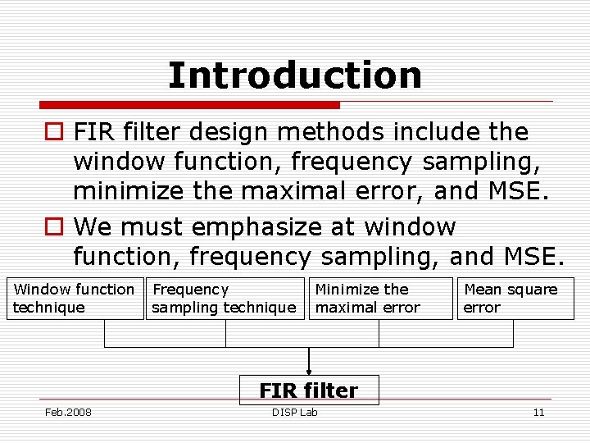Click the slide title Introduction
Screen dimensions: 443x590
295,75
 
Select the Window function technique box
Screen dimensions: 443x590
74,299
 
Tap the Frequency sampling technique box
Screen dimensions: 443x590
224,299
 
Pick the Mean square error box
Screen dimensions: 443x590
514,299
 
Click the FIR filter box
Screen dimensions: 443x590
308,390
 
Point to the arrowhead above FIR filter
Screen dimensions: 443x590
309,371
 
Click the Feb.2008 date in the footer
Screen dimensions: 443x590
68,412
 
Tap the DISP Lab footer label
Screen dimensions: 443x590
295,412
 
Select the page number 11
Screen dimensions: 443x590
538,412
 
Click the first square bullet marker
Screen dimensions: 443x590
54,132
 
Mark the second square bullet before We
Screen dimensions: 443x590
54,226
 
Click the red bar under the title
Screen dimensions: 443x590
190,105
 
